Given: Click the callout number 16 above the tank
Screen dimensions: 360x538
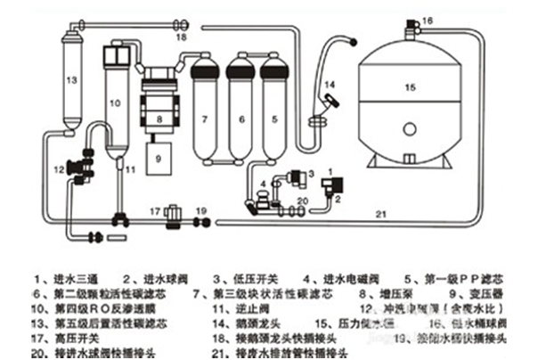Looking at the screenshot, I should (427, 20).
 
